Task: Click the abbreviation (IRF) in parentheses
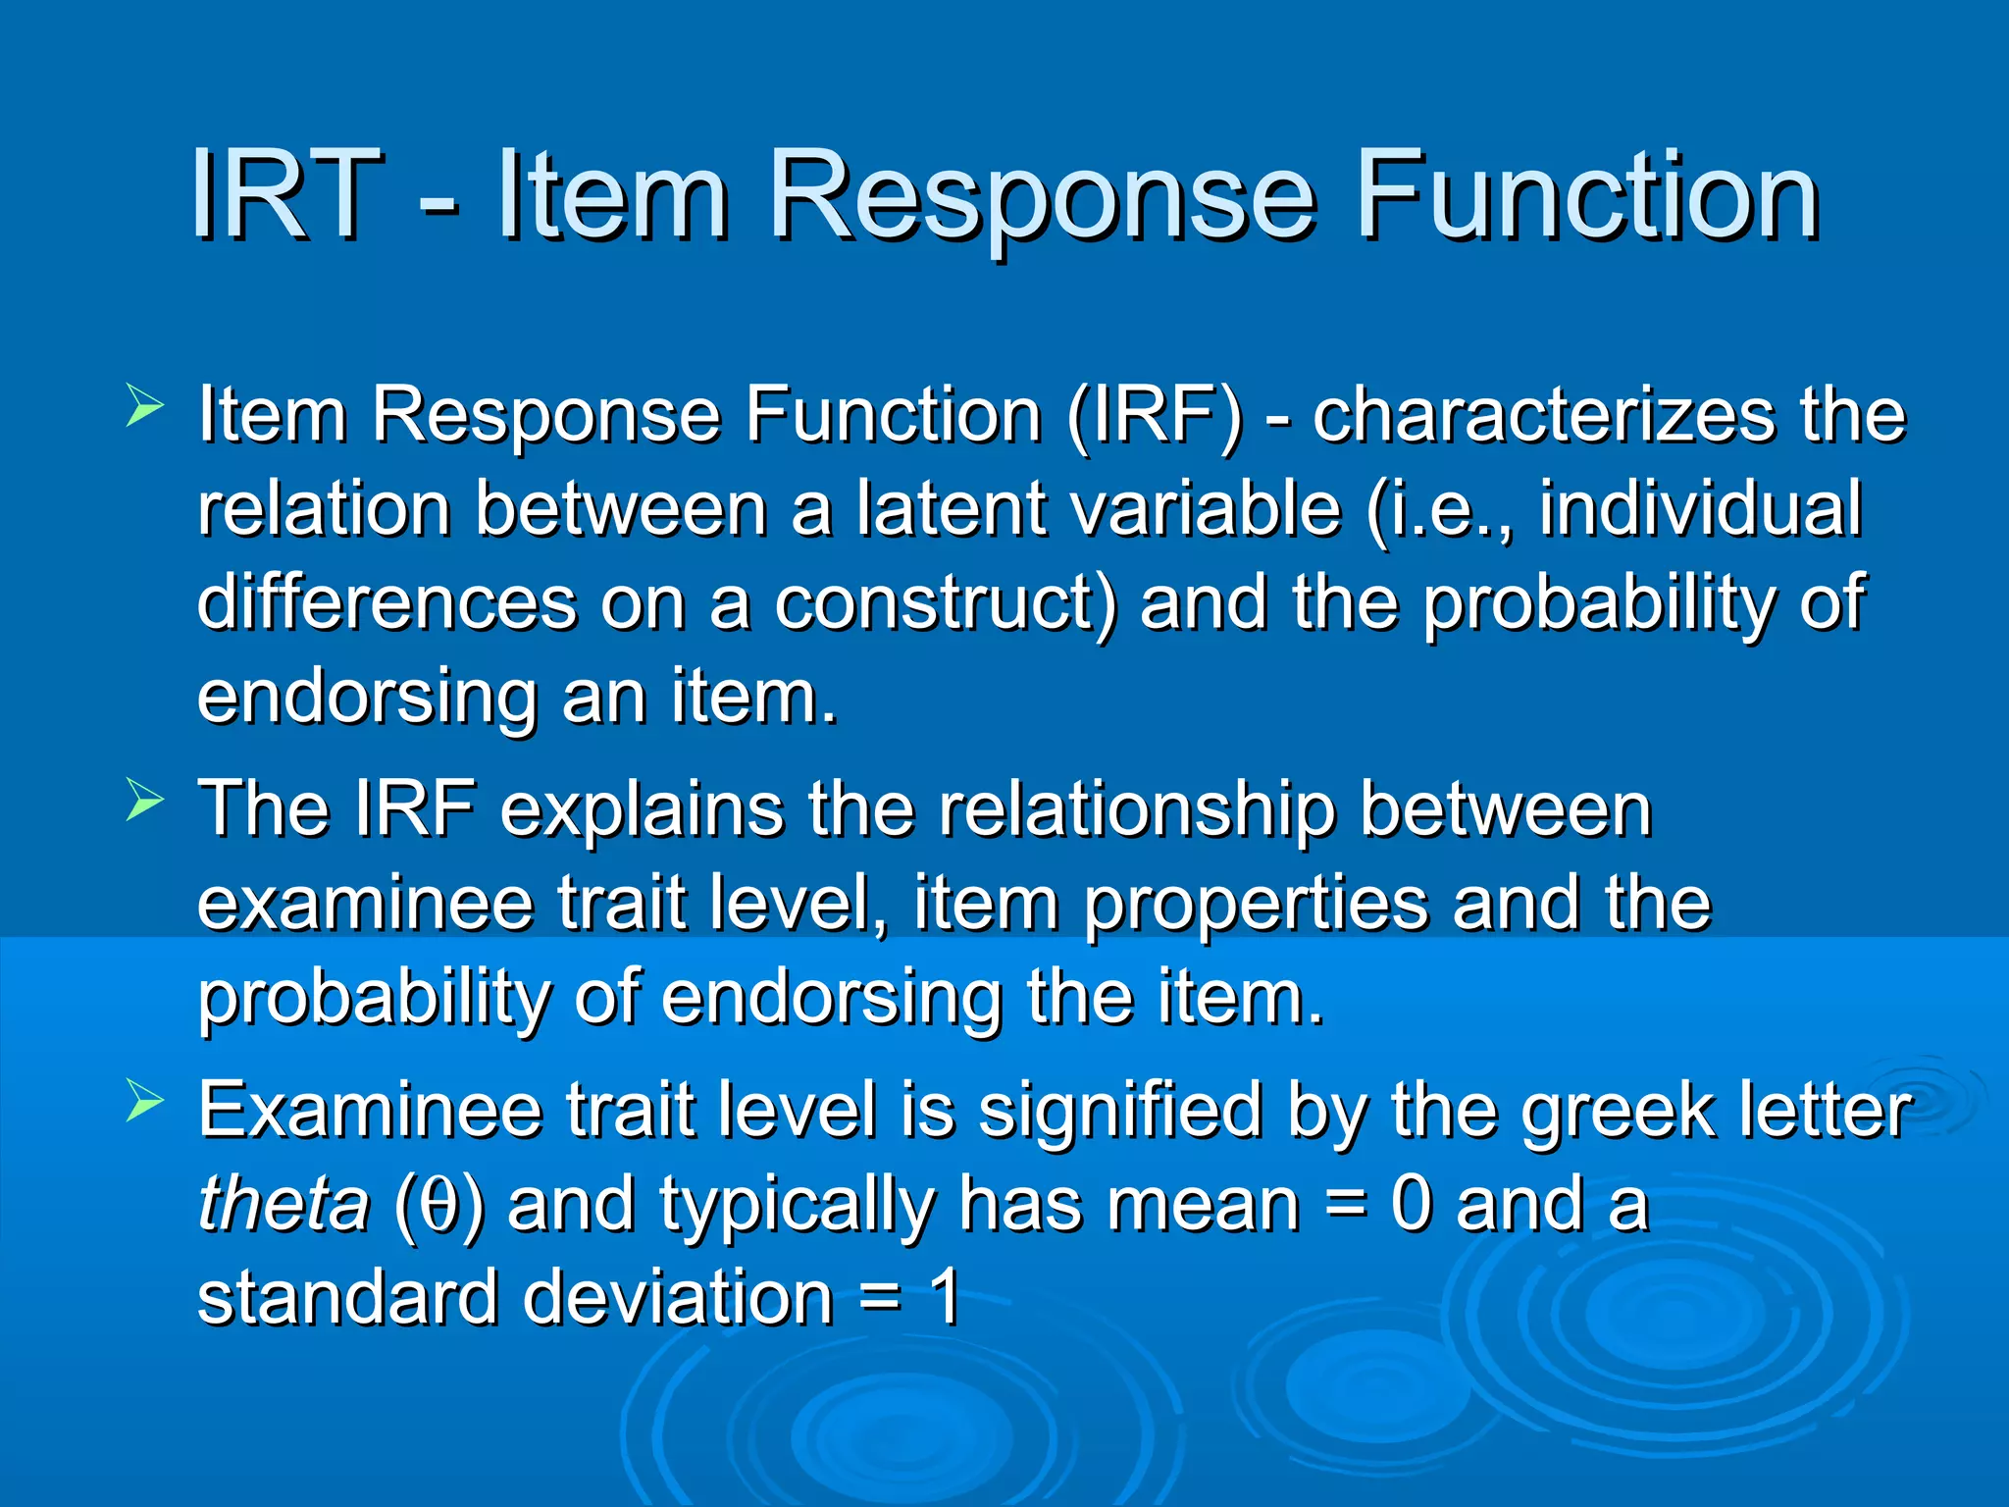pos(1155,416)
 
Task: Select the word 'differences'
pos(386,602)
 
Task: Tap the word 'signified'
pos(1119,1111)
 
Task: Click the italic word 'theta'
pos(283,1204)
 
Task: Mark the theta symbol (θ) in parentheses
pos(439,1206)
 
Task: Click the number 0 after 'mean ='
pos(1411,1204)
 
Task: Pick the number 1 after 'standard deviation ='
pos(944,1297)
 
